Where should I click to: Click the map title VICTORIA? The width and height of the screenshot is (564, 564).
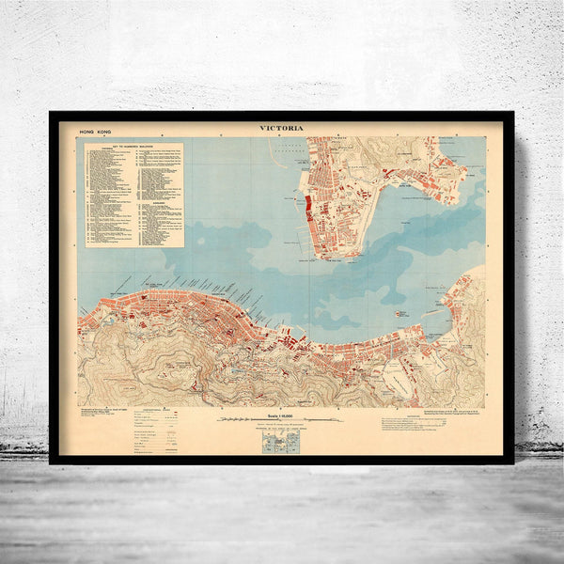tap(282, 129)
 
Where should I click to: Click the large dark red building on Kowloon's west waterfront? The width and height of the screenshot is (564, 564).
tap(307, 206)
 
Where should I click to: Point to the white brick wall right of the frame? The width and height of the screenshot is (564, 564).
tap(540, 282)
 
